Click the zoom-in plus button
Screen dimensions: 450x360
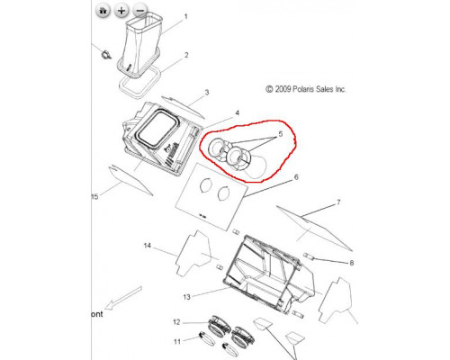point(121,11)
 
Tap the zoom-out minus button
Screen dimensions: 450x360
point(139,11)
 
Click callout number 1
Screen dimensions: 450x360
point(185,16)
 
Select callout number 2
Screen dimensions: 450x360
point(186,55)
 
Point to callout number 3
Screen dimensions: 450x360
point(207,93)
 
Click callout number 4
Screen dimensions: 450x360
point(237,112)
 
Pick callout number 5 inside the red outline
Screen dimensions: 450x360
point(281,134)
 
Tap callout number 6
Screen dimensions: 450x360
point(296,177)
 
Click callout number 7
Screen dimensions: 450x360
point(338,202)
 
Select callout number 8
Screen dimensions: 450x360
point(352,263)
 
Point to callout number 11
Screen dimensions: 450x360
point(177,341)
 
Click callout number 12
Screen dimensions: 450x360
point(176,322)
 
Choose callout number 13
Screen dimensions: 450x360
point(186,297)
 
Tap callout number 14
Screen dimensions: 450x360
point(147,246)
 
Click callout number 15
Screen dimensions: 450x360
point(94,197)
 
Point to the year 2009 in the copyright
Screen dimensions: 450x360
point(283,89)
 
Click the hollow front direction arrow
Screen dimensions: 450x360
point(124,299)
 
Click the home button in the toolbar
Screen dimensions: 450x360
point(103,11)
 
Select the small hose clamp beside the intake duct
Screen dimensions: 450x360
point(106,55)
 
